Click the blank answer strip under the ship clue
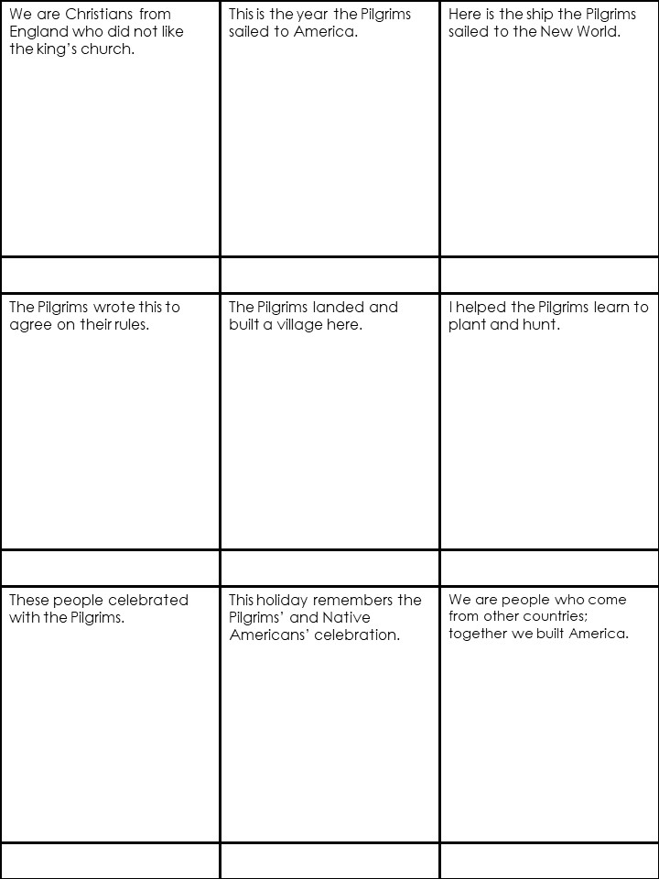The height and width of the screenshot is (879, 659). tap(549, 275)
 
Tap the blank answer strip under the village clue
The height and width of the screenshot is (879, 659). tap(329, 568)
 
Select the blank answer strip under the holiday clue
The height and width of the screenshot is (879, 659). tap(329, 861)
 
